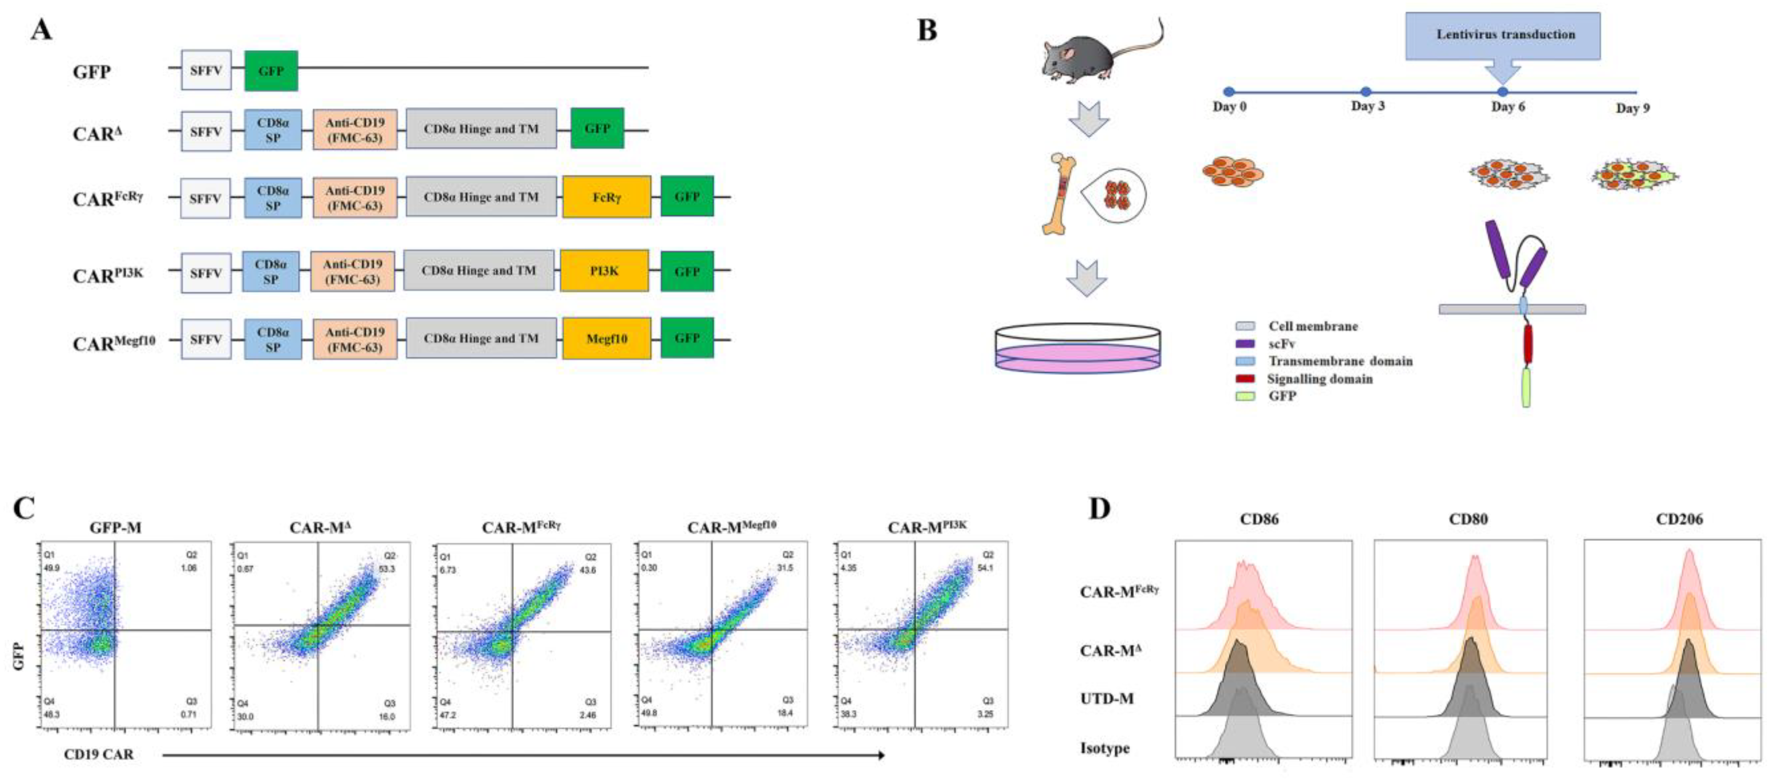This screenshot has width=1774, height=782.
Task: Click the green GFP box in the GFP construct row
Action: (271, 70)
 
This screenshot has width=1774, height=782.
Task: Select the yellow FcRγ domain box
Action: (606, 197)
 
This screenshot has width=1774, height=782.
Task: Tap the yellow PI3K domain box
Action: (604, 271)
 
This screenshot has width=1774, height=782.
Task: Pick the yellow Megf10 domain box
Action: (606, 338)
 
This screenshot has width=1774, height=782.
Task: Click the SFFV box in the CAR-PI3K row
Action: (206, 273)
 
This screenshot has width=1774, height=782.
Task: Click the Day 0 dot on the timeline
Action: (1229, 92)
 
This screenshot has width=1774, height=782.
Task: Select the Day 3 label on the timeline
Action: (1367, 106)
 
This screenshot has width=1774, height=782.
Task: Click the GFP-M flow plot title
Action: (116, 528)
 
